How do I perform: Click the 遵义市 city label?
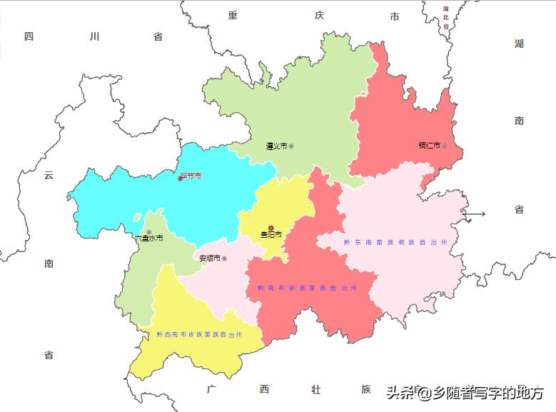click(276, 146)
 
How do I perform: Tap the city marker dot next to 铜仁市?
click(444, 146)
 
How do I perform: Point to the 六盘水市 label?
click(151, 238)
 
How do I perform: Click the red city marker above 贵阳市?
click(271, 228)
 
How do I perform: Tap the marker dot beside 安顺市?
click(224, 258)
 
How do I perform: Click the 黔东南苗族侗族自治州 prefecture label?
click(395, 243)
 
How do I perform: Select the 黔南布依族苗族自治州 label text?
click(307, 288)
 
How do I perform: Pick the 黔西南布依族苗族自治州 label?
click(199, 334)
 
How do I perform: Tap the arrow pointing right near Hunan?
click(475, 213)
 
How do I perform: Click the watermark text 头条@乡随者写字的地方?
click(465, 392)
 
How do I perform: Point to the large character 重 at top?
click(233, 16)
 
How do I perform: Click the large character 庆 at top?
click(319, 16)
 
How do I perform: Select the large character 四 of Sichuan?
click(29, 36)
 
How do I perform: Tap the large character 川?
click(94, 36)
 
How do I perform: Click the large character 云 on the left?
click(49, 175)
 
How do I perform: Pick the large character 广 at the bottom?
click(211, 389)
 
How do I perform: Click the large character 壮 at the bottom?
click(315, 389)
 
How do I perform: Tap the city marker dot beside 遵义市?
click(291, 146)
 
